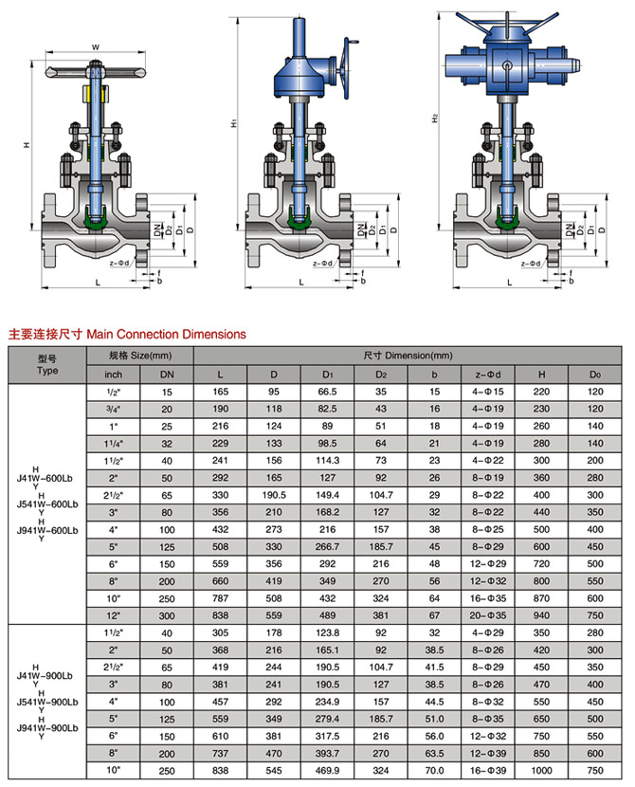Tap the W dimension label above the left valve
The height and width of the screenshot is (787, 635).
[x=96, y=46]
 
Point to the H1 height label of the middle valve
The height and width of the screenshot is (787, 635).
[x=233, y=123]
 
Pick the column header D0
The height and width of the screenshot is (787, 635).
[x=595, y=373]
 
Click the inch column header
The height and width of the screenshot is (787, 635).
[x=113, y=373]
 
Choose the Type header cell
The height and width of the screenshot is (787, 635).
[x=47, y=364]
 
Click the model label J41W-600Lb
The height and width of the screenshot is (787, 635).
[x=47, y=477]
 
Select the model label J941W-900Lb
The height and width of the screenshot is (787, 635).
[x=47, y=725]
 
